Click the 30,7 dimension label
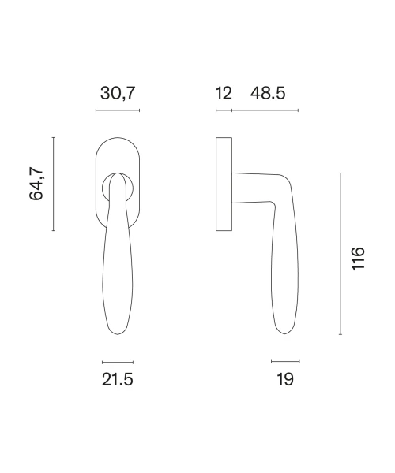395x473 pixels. (118, 93)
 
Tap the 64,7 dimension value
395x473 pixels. (36, 184)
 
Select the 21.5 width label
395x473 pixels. (117, 379)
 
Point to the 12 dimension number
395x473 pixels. (224, 93)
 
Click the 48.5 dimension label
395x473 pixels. (268, 93)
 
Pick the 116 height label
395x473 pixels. (358, 259)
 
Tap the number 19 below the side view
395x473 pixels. (285, 379)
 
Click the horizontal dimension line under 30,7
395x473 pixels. (118, 110)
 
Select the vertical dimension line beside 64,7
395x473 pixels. (54, 184)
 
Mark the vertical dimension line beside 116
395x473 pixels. (340, 254)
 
